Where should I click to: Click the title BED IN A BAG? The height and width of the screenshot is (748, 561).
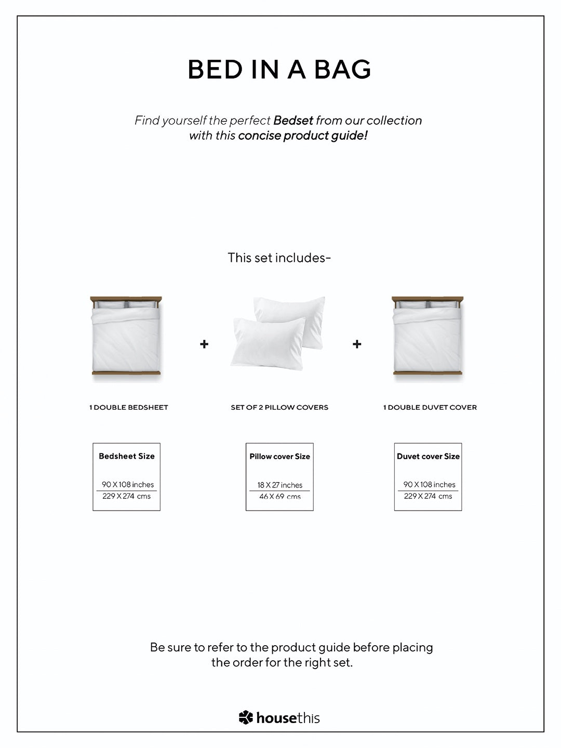coord(279,70)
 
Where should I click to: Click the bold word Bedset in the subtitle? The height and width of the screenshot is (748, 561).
coord(293,121)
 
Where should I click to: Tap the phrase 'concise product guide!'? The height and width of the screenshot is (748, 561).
coord(303,136)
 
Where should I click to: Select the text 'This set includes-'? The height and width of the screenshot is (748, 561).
coord(279,258)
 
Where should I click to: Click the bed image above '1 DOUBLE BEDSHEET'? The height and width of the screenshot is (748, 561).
coord(126,337)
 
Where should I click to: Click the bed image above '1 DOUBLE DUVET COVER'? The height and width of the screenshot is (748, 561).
coord(428,337)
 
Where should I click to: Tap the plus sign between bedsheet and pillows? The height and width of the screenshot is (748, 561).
coord(204,344)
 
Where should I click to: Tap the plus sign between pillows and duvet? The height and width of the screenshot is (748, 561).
coord(357,344)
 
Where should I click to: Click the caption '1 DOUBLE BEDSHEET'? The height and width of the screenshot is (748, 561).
coord(129,407)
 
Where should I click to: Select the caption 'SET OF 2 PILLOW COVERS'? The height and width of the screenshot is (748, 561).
coord(279,407)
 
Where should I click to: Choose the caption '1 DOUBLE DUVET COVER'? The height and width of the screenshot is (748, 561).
coord(430,407)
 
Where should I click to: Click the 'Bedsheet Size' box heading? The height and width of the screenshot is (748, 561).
coord(127,456)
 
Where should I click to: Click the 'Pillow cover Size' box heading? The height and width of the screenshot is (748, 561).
coord(279,456)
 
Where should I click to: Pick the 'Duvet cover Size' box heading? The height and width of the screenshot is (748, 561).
coord(428,456)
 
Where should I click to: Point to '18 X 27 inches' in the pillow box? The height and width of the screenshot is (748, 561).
coord(279,485)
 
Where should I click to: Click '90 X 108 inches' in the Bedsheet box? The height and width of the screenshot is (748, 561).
coord(128,485)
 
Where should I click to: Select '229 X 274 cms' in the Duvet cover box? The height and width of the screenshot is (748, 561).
coord(428,496)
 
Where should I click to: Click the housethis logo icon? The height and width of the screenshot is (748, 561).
coord(246,717)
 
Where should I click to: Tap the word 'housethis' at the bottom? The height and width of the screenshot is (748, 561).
coord(288,718)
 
